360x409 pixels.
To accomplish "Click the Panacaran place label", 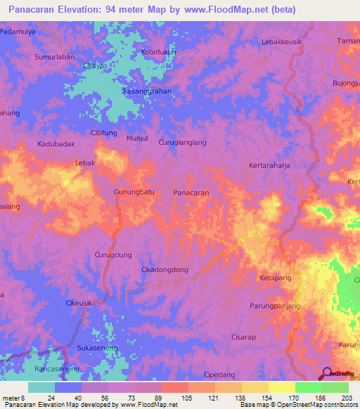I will [x=191, y=192].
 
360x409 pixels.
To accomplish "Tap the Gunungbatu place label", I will [x=134, y=192].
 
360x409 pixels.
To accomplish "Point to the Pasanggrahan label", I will [x=147, y=91].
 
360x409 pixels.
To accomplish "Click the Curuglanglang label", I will [x=183, y=143].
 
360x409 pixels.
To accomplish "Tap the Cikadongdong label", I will [x=165, y=269].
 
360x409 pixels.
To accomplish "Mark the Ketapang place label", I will [x=275, y=278].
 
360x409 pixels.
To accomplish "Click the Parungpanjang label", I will [x=275, y=306].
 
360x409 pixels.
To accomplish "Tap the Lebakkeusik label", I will [x=283, y=41].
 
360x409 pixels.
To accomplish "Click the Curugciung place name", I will [x=112, y=255].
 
